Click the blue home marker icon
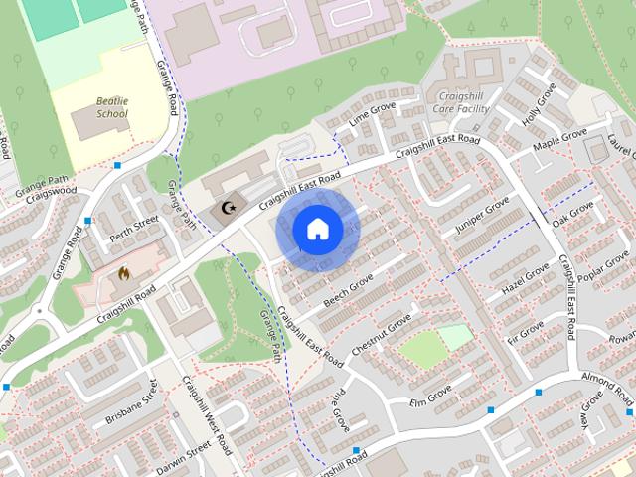[x=317, y=230]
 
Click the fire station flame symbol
[x=124, y=272]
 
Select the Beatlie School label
[x=112, y=107]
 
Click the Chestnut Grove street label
[x=381, y=335]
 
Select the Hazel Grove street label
[x=526, y=279]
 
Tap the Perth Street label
[x=133, y=226]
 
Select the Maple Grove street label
[x=559, y=141]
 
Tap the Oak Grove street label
[x=572, y=213]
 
